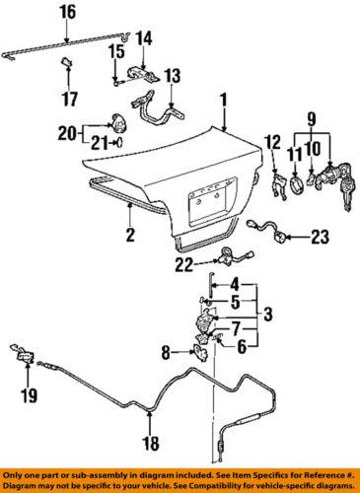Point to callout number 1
(224, 100)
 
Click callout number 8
(166, 349)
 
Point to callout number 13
(173, 75)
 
